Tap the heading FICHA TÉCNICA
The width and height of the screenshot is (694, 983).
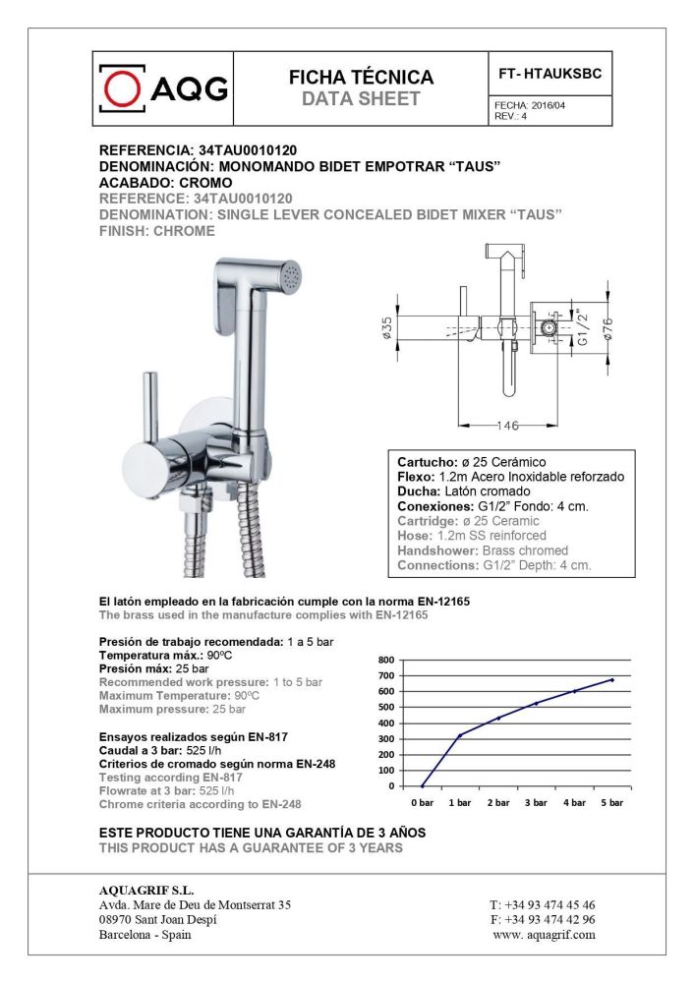361,78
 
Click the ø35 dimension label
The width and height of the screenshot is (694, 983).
387,326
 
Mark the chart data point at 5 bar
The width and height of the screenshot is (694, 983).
611,679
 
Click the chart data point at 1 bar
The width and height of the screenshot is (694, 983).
460,735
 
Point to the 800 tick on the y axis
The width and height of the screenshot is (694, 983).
385,660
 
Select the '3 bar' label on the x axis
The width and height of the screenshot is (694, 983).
536,802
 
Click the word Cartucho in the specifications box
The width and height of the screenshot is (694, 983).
423,462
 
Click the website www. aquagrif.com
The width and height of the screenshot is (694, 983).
544,934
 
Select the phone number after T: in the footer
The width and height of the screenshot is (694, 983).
555,904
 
